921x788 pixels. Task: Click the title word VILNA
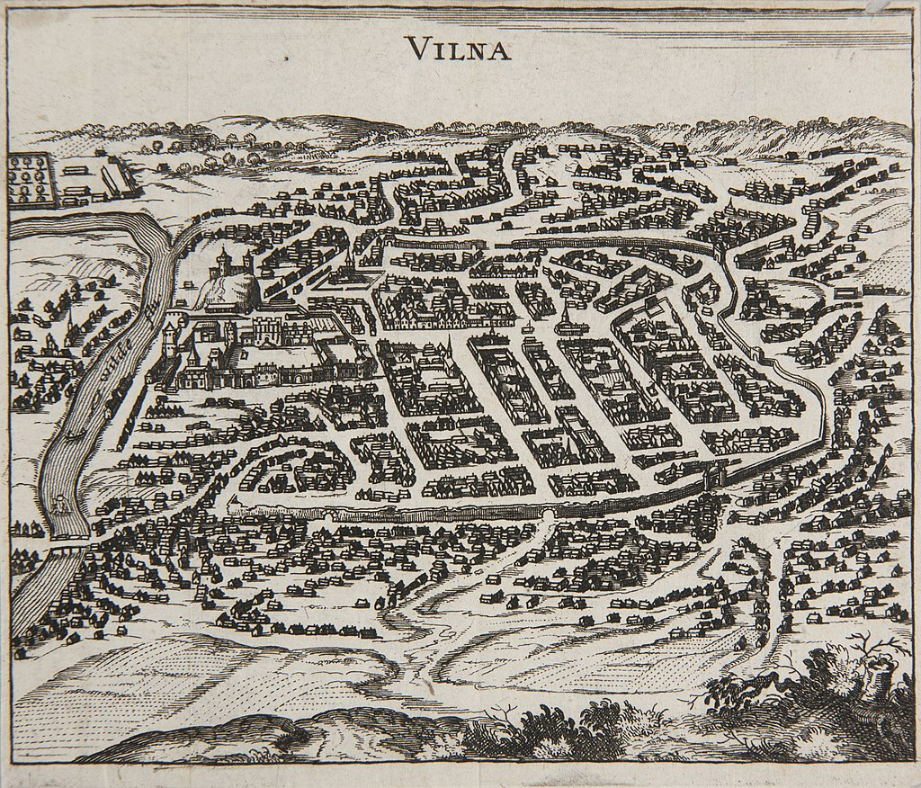coord(458,48)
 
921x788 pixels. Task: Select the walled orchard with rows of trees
coord(28,177)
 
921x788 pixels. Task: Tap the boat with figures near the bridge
coord(61,507)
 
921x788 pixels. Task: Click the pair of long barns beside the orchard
coord(114,175)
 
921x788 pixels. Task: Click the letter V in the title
coord(416,48)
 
